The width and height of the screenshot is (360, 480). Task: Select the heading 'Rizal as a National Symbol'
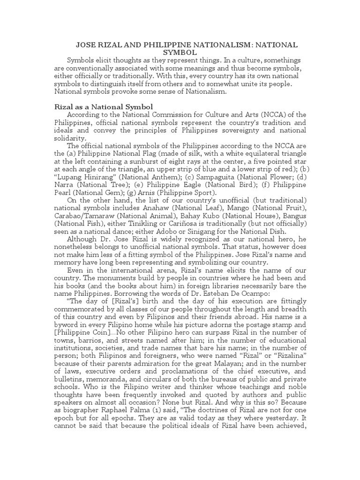pos(104,107)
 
